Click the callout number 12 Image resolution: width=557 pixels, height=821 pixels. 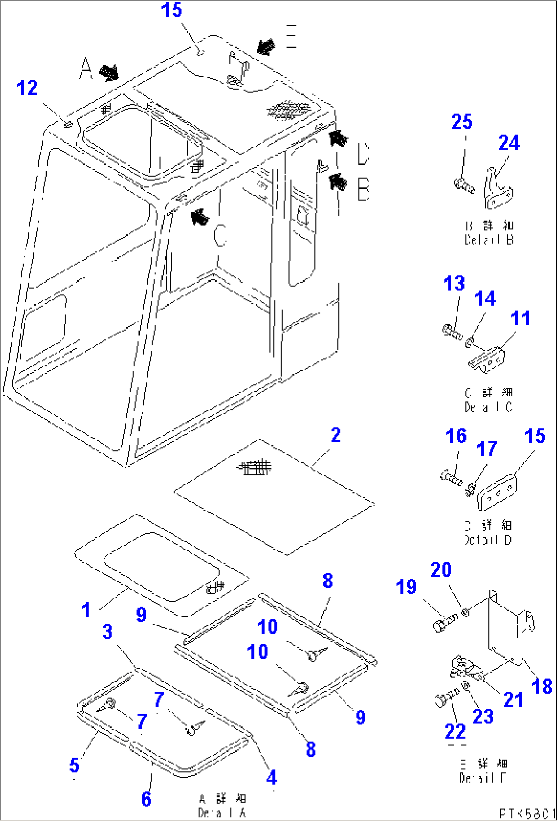27,88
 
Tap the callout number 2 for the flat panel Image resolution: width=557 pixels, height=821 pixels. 335,435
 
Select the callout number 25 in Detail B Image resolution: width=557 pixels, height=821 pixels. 462,122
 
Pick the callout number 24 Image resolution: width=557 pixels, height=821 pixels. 509,143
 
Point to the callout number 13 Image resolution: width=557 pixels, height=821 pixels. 454,283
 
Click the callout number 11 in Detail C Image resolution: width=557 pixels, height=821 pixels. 520,318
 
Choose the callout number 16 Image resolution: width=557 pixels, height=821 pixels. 456,436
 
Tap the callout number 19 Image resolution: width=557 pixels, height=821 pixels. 406,587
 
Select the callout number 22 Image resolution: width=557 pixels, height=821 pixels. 455,732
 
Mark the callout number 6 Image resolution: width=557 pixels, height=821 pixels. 146,799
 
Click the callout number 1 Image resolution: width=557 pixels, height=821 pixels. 86,609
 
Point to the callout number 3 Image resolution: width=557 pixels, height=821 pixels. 107,631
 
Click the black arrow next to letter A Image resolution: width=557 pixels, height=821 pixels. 108,73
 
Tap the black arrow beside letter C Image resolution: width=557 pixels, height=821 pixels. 199,217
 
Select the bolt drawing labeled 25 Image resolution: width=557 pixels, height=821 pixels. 465,185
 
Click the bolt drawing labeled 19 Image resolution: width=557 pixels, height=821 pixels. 446,622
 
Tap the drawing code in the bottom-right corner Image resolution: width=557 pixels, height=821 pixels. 526,813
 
